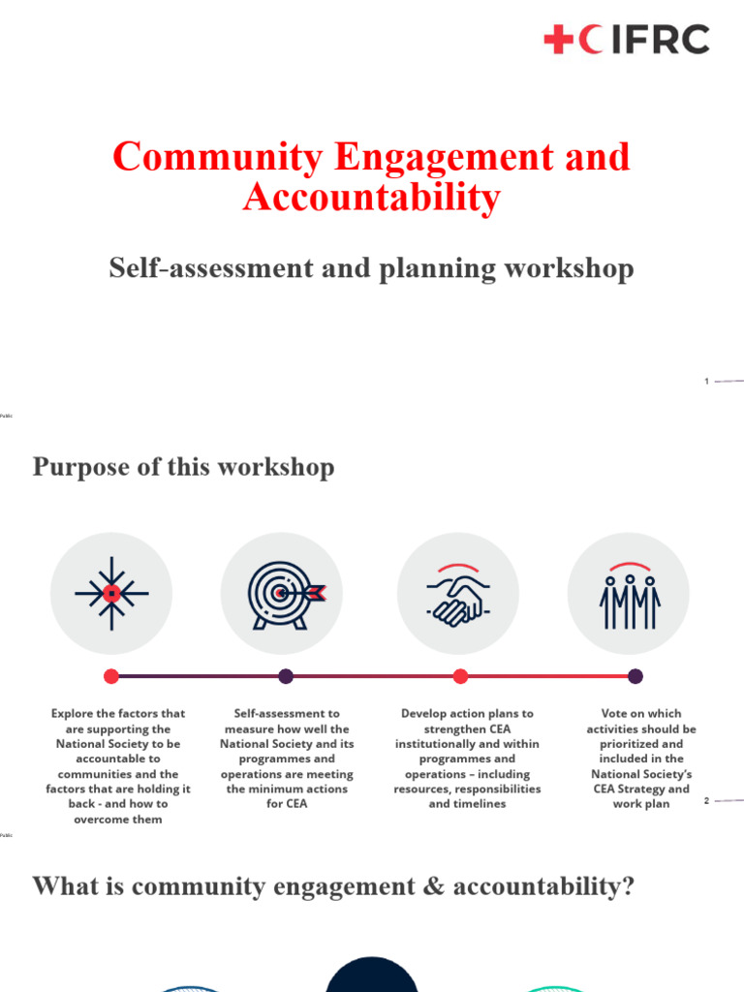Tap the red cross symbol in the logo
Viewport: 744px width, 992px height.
pos(559,40)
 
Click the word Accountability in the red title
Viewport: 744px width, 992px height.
pos(372,198)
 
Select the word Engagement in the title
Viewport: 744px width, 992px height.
pos(459,157)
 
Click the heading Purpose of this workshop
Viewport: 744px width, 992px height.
pos(184,467)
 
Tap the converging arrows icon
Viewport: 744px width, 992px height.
pos(111,593)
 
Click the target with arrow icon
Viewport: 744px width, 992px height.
pos(282,593)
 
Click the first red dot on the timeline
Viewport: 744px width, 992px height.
pos(111,676)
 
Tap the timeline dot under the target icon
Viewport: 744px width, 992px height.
pos(286,676)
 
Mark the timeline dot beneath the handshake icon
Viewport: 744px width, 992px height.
pos(460,676)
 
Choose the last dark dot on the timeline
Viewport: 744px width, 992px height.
pos(635,676)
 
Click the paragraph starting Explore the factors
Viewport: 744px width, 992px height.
pos(118,765)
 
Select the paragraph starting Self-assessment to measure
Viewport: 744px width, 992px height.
pos(287,759)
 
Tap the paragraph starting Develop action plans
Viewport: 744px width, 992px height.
pos(467,759)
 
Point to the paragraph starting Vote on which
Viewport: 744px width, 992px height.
pos(641,759)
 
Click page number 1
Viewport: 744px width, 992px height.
pos(707,382)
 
